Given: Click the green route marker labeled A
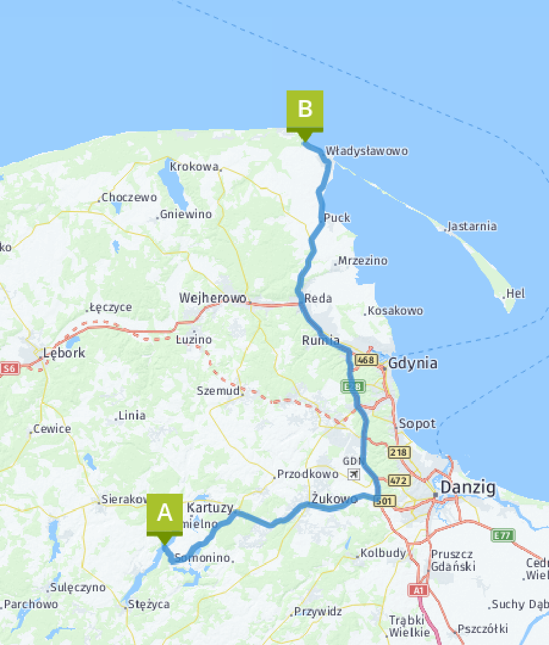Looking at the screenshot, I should (164, 514).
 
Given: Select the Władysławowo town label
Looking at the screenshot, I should (366, 151).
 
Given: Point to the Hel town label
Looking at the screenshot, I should (516, 294).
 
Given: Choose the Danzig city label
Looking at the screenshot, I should (468, 487).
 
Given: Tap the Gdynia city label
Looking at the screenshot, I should (413, 363).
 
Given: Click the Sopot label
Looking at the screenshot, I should (417, 424).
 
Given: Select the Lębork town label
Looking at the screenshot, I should (63, 353).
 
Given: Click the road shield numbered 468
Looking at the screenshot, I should (366, 360).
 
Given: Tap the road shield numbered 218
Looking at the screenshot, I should (399, 452).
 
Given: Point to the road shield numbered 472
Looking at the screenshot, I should (399, 480).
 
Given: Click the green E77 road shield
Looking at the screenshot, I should (502, 535).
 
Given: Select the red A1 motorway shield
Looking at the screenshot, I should (418, 590).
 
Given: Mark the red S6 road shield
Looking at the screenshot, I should (8, 368).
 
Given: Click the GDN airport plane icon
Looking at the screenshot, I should (354, 474).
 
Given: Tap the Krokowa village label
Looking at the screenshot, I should (194, 166).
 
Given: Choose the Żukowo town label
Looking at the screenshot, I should (334, 499).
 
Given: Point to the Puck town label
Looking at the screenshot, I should (337, 218).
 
